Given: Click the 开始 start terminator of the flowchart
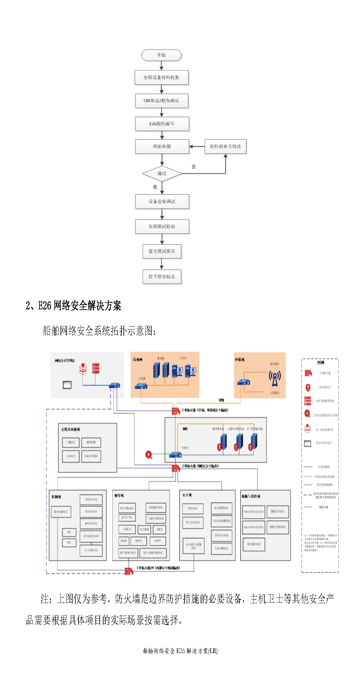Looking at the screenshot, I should [x=161, y=55].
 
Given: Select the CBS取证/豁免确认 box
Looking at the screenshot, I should [x=161, y=101].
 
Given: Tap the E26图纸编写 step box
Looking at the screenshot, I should [x=162, y=124].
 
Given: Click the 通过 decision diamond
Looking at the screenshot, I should [x=162, y=174].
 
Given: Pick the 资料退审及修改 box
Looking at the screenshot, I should [x=225, y=146].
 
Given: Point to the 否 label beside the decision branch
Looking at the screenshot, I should [x=194, y=167].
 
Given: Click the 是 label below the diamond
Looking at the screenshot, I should [x=155, y=187].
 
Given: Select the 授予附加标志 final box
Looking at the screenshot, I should [x=162, y=277].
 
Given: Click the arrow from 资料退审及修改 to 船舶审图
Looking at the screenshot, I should [x=197, y=146].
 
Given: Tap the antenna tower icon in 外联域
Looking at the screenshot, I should [x=274, y=378].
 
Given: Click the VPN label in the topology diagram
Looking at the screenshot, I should [x=221, y=400].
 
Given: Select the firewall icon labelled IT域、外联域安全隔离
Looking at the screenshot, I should [x=176, y=411].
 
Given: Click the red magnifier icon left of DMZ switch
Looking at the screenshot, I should [x=149, y=455].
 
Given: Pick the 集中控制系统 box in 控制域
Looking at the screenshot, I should [x=61, y=512].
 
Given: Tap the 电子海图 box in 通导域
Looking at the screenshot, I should [x=144, y=529].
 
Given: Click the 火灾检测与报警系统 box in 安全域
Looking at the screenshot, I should [x=193, y=546].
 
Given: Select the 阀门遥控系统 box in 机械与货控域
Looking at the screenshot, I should [x=254, y=544].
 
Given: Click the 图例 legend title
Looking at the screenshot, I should [x=321, y=363].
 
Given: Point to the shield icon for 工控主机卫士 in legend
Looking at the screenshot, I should [x=308, y=387].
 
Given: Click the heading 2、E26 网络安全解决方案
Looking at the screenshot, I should [x=73, y=306].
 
